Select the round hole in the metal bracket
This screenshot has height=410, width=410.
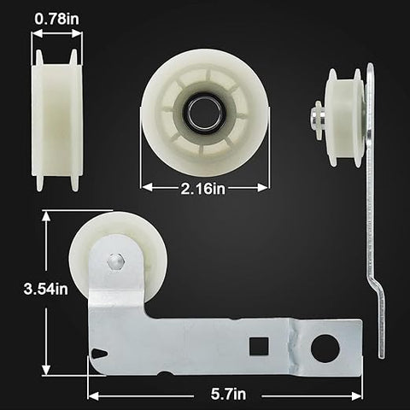tap(325, 348)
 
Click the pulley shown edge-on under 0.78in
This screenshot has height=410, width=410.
tap(56, 120)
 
